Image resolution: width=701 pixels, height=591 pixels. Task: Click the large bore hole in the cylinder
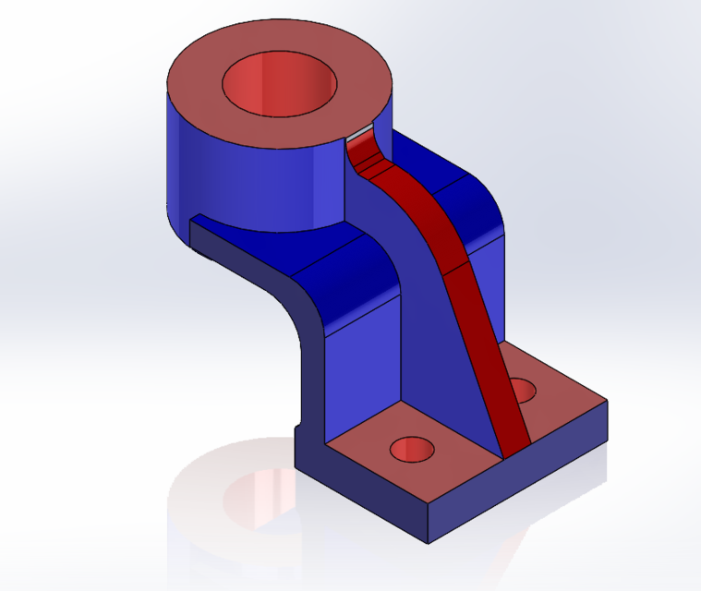click(x=279, y=84)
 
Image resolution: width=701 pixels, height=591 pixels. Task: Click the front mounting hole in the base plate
click(x=412, y=450)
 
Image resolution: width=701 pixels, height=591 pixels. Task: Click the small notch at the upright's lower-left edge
click(x=298, y=428)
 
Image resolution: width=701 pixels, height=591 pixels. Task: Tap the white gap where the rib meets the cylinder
click(x=361, y=135)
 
